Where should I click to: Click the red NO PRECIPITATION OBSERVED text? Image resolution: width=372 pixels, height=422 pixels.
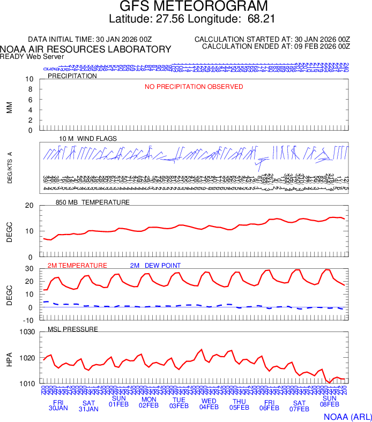[x=194, y=87]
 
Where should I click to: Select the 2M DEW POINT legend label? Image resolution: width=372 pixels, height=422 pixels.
[x=155, y=266]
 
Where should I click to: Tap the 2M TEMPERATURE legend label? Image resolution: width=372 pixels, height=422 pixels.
[x=77, y=266]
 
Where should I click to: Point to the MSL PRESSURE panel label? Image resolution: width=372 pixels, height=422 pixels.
[x=73, y=329]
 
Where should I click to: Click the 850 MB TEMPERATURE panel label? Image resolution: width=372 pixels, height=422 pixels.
[x=93, y=202]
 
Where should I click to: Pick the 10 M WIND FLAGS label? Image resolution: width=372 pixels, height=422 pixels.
[x=88, y=139]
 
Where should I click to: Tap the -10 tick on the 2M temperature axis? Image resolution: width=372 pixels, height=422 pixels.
[x=29, y=320]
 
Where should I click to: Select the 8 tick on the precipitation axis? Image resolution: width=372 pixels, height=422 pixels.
[x=31, y=89]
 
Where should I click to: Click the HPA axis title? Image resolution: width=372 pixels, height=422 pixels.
[x=9, y=358]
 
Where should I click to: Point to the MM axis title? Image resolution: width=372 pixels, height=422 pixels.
[x=9, y=108]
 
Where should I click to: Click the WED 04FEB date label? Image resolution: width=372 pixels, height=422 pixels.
[x=209, y=404]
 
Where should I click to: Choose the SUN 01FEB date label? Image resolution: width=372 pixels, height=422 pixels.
[x=118, y=402]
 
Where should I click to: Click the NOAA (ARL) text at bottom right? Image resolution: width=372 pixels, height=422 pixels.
[x=346, y=416]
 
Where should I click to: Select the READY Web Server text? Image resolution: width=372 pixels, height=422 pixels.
[x=32, y=56]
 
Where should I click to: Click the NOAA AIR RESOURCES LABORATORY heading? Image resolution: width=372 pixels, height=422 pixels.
[x=86, y=49]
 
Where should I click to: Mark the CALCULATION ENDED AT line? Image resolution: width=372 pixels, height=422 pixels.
[x=276, y=47]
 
